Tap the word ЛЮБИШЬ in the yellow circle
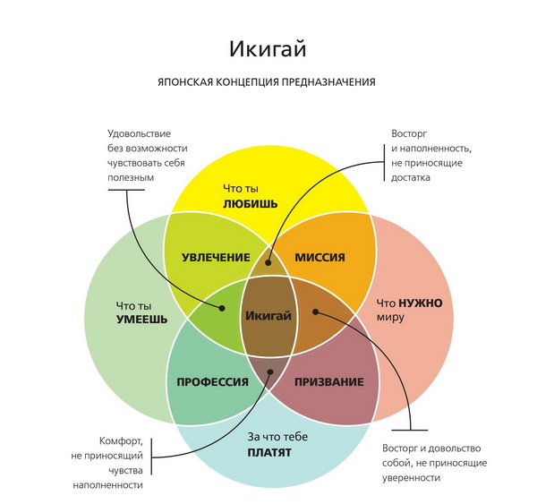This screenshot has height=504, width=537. click(251, 204)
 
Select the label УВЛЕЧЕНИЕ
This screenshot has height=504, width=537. click(216, 258)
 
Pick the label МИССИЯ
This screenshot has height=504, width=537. click(320, 258)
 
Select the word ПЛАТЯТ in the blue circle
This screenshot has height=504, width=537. click(269, 452)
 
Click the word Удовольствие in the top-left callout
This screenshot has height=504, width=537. click(139, 133)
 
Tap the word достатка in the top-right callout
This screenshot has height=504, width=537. click(412, 177)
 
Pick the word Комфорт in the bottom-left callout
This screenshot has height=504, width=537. click(122, 441)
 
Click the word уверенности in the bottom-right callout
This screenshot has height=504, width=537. click(411, 478)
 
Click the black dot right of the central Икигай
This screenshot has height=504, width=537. click(317, 311)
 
